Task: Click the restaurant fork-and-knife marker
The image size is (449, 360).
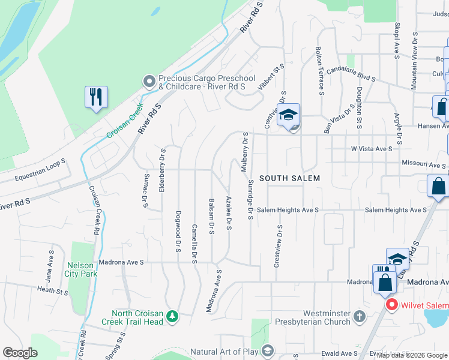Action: tap(96, 97)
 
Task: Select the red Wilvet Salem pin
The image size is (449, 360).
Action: tap(392, 305)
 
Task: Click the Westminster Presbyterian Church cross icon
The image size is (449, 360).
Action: tap(359, 316)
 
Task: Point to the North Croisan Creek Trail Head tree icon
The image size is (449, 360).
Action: tap(172, 316)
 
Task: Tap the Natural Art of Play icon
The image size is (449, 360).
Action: tap(268, 352)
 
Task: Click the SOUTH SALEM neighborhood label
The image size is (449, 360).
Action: tap(289, 178)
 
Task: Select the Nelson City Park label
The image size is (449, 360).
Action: tap(82, 269)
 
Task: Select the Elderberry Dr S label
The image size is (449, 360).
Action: tap(162, 170)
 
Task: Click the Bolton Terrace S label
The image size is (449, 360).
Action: tap(321, 71)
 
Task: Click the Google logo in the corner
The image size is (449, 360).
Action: tap(20, 353)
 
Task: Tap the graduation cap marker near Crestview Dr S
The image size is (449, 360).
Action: tap(289, 115)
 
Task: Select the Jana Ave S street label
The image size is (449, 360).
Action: tap(50, 266)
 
